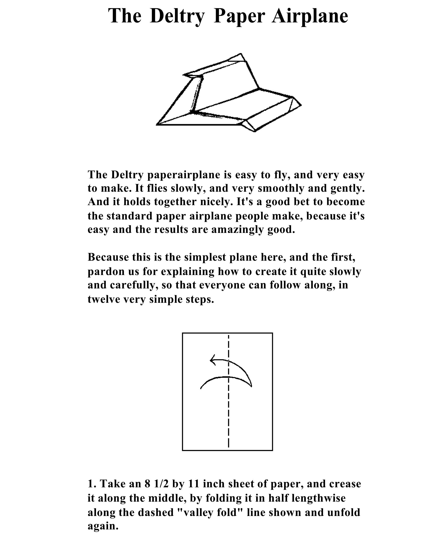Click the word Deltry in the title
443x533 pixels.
click(177, 16)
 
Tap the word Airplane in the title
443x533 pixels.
click(310, 16)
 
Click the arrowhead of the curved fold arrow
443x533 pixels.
click(213, 360)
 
